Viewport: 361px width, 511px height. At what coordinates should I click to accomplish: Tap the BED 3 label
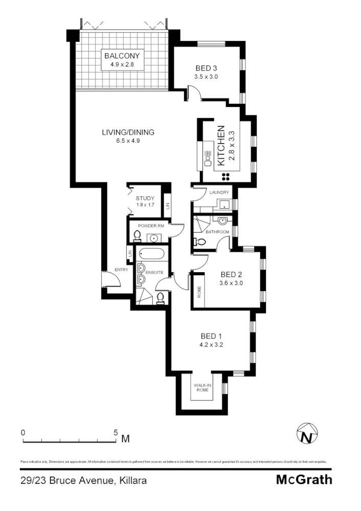[x=206, y=68]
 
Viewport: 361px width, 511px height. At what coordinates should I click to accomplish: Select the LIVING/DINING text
[x=128, y=132]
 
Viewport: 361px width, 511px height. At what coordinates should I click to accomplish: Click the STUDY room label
[x=145, y=198]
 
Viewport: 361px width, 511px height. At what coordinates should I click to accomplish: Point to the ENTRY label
[x=121, y=270]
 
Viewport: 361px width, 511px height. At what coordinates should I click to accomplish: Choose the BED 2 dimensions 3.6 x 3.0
[x=231, y=283]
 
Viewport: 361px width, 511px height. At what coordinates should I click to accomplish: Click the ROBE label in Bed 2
[x=199, y=292]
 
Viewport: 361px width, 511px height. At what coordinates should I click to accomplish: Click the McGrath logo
[x=304, y=480]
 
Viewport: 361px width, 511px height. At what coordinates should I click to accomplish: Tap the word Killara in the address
[x=133, y=480]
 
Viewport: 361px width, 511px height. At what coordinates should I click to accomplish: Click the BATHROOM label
[x=217, y=232]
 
